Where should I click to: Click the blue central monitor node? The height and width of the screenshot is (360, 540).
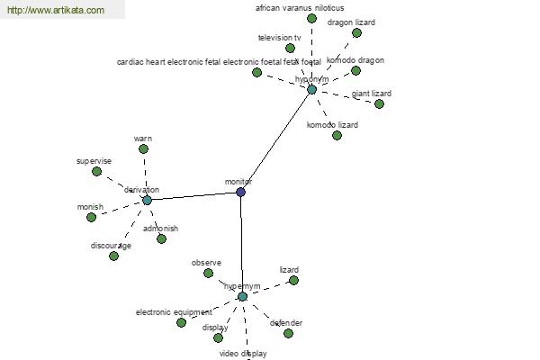(240, 192)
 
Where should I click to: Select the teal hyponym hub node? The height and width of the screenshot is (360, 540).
(311, 89)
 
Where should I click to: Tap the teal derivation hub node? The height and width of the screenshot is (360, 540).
(147, 200)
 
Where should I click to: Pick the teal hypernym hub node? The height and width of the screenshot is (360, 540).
(242, 296)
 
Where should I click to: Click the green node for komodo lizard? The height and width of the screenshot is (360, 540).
(337, 136)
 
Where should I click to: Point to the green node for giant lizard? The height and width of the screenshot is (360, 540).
(379, 103)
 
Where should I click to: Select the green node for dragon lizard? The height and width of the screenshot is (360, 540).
(356, 32)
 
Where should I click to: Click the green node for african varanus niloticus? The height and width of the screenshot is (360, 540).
(311, 18)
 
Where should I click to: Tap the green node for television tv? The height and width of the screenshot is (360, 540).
(290, 48)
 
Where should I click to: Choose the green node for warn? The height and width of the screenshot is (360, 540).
(143, 149)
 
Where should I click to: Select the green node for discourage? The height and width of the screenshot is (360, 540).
(113, 256)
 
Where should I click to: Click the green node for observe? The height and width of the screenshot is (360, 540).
(208, 273)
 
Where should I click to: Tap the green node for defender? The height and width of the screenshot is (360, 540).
(288, 333)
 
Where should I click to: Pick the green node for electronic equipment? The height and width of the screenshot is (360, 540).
(181, 322)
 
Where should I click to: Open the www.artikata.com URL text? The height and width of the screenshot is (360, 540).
(55, 10)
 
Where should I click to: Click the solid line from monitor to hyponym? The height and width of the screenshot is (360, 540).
(275, 141)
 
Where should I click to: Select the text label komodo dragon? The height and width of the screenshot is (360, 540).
(355, 60)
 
